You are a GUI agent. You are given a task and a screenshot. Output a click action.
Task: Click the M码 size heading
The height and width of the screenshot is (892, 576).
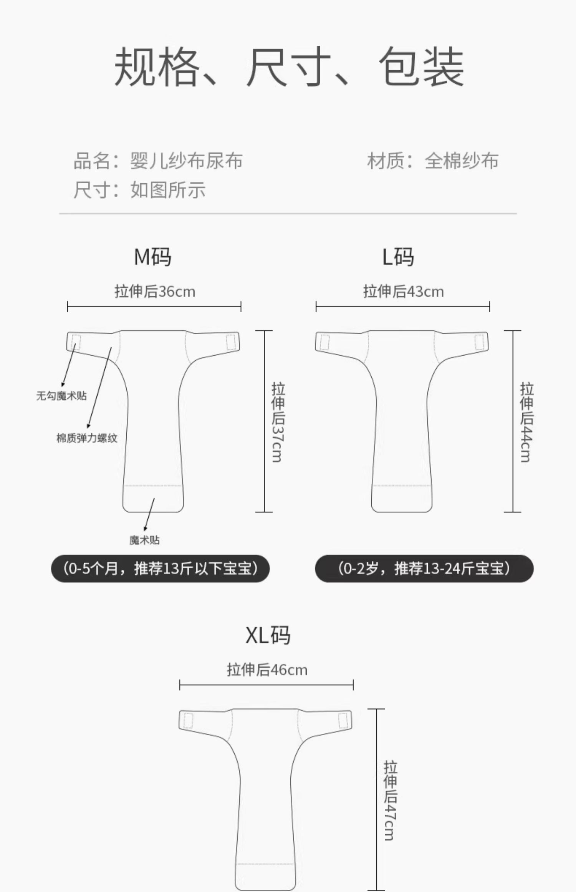[152, 257]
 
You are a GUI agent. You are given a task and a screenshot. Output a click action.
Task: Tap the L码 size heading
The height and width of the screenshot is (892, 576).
[398, 257]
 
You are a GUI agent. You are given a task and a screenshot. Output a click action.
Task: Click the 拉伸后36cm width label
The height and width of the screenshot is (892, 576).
[155, 292]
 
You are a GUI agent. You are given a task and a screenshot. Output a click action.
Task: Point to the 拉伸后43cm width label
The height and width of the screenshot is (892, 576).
[403, 292]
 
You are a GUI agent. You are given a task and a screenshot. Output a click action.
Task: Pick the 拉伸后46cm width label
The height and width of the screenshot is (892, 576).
[267, 670]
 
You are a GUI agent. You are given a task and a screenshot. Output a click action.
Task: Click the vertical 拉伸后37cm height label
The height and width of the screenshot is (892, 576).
[278, 421]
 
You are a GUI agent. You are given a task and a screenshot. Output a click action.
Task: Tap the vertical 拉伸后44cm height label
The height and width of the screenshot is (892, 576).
[526, 421]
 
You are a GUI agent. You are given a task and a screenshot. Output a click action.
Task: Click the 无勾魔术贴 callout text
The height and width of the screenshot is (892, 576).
[61, 396]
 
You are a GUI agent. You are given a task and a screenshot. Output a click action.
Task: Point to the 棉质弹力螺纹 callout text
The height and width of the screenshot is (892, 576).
[87, 438]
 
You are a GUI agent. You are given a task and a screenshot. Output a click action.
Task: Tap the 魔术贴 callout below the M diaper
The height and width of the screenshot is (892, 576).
[144, 540]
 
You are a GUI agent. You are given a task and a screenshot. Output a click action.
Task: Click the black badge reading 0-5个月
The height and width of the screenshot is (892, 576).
[160, 569]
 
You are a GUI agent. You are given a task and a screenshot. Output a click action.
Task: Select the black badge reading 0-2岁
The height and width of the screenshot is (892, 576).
[424, 569]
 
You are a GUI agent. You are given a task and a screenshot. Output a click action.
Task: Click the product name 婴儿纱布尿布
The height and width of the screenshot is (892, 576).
[186, 161]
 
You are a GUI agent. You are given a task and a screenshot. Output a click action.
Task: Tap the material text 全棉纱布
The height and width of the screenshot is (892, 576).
[462, 161]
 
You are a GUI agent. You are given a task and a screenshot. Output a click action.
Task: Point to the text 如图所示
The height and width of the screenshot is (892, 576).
[168, 190]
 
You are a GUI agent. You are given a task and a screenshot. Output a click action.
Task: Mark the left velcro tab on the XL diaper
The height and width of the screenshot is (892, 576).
[188, 720]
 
